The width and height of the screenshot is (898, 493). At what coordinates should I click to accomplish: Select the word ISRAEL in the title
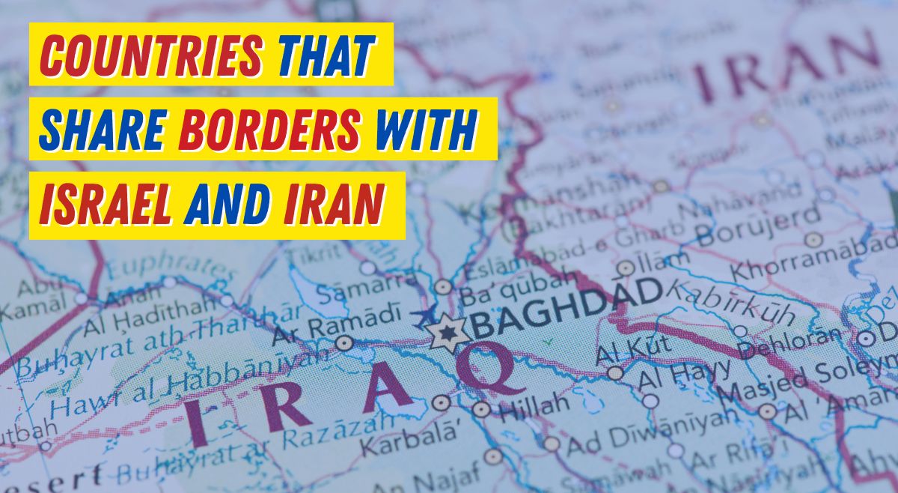pos(106,203)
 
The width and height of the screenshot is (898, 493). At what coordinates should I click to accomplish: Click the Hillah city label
pos(534,408)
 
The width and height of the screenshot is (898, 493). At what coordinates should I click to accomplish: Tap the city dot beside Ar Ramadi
pos(344,343)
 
